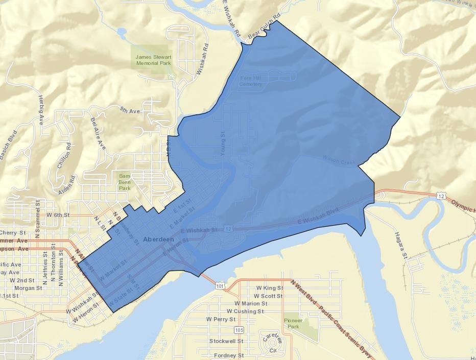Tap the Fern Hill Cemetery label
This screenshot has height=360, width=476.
coord(251,81)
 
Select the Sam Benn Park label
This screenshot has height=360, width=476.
coord(125,181)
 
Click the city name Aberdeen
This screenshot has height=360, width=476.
coord(159,239)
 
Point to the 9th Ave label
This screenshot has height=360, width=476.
coord(130,110)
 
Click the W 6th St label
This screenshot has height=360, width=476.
coord(57,215)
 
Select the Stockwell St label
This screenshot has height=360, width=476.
coord(226,341)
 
